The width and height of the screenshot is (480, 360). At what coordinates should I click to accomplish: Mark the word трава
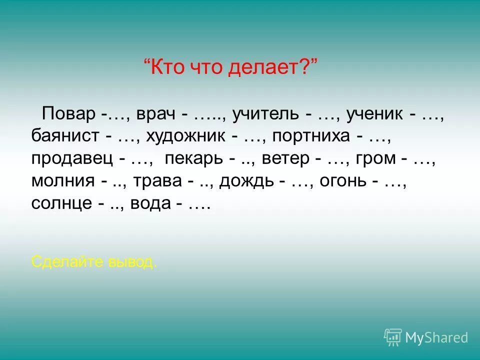[x=157, y=181]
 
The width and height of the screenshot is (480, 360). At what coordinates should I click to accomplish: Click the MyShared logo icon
[x=393, y=337]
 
